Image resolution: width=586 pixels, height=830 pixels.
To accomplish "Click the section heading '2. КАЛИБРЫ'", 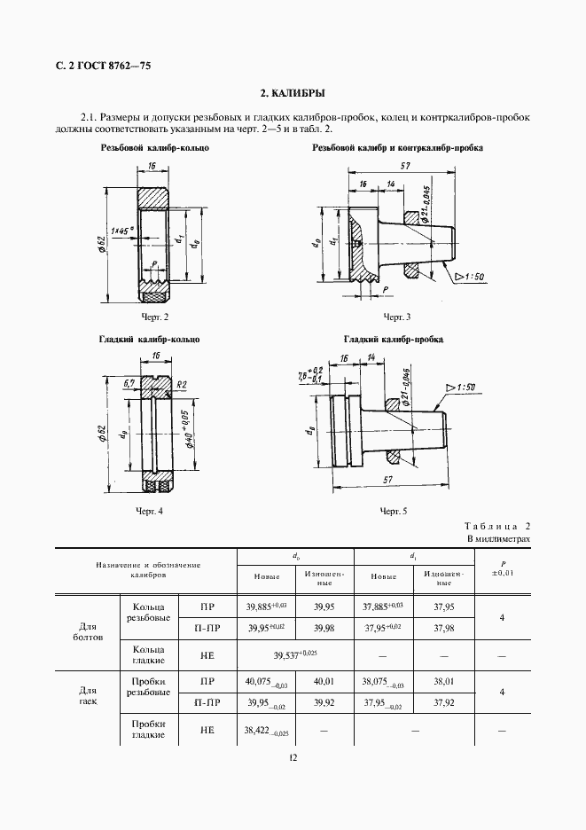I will [293, 92].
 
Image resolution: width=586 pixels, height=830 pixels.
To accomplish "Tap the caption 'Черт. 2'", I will [154, 317].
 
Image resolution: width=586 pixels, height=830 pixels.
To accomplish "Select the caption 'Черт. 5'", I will [394, 511].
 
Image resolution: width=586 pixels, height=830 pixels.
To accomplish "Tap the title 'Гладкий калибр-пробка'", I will [393, 340].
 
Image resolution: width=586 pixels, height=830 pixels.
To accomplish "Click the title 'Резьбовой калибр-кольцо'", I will [155, 147].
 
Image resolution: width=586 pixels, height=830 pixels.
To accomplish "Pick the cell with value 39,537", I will [294, 654].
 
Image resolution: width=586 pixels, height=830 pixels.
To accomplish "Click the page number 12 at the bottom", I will [293, 757].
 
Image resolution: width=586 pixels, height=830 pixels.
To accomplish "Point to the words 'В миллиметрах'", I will [498, 538].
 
